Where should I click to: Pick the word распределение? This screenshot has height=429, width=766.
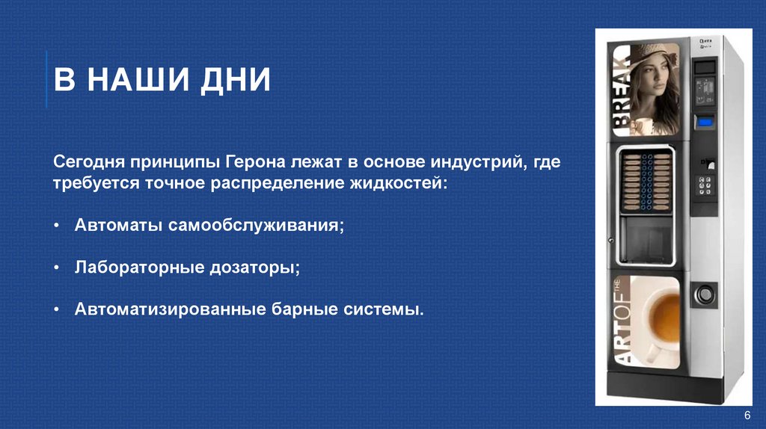(289, 183)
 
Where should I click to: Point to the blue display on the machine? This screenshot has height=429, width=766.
(705, 120)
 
